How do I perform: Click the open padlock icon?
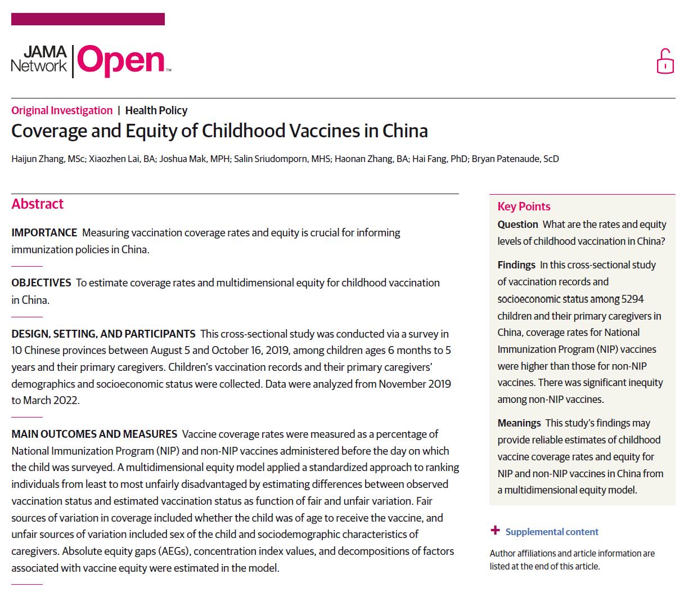pyautogui.click(x=665, y=62)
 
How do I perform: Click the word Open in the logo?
pyautogui.click(x=121, y=61)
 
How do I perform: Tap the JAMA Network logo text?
pyautogui.click(x=39, y=60)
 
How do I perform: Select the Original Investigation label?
pyautogui.click(x=62, y=110)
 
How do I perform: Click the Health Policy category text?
pyautogui.click(x=156, y=110)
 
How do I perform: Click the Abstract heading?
pyautogui.click(x=38, y=204)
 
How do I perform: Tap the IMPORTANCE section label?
pyautogui.click(x=44, y=232)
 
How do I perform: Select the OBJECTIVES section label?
pyautogui.click(x=42, y=282)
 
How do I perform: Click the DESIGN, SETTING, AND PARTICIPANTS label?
pyautogui.click(x=103, y=334)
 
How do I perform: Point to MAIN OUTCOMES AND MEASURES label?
pyautogui.click(x=94, y=434)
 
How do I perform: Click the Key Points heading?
pyautogui.click(x=524, y=207)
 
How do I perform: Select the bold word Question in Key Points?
pyautogui.click(x=517, y=225)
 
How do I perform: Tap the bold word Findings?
pyautogui.click(x=516, y=265)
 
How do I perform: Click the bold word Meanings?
pyautogui.click(x=519, y=423)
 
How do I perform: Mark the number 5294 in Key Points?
pyautogui.click(x=633, y=299)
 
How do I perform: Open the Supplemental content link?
pyautogui.click(x=552, y=532)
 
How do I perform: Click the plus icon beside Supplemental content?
pyautogui.click(x=495, y=530)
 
